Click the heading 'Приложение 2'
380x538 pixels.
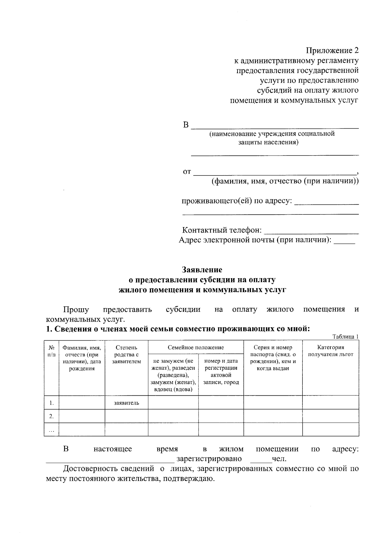[332, 50]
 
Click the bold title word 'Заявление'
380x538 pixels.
[202, 270]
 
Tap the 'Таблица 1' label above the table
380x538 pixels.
[345, 336]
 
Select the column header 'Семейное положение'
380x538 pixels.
[196, 347]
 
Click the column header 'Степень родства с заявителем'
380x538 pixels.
[126, 354]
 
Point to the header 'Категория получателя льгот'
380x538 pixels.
[331, 351]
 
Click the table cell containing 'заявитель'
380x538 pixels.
[126, 403]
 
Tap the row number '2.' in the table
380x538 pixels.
[51, 416]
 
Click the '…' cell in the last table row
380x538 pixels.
[51, 430]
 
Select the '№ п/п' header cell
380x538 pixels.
[51, 351]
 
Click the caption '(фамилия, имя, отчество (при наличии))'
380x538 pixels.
[285, 182]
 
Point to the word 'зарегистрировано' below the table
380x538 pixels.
[209, 459]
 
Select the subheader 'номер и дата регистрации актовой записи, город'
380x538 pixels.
[221, 371]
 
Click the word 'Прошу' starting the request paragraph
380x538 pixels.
[76, 309]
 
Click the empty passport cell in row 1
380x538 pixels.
[273, 403]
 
